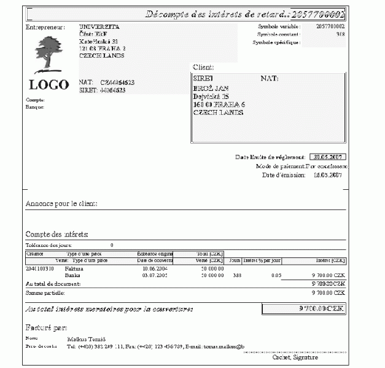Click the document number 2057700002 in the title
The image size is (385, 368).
click(x=317, y=15)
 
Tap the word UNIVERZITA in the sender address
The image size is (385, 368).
click(x=99, y=27)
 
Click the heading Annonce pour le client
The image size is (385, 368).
click(x=61, y=203)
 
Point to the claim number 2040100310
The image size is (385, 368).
click(x=40, y=268)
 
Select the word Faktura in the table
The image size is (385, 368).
click(x=74, y=268)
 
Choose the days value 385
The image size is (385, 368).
click(x=238, y=275)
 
